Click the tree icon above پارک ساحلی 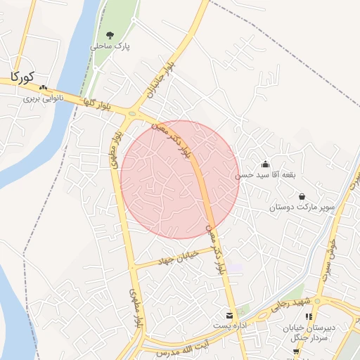click(110, 34)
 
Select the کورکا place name click(23, 75)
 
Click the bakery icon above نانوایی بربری click(44, 88)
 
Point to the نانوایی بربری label click(44, 98)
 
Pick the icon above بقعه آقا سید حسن click(264, 164)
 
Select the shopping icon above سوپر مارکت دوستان click(302, 197)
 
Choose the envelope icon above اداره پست click(229, 314)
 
